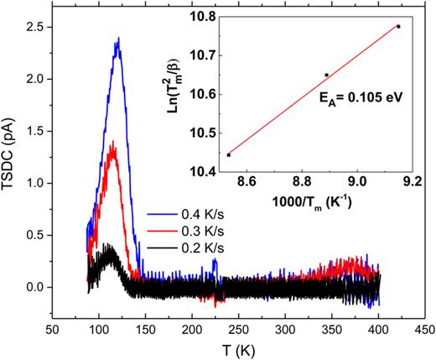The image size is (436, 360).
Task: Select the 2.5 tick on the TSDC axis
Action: click(x=39, y=29)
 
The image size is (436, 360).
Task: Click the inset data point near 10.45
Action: click(x=228, y=154)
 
